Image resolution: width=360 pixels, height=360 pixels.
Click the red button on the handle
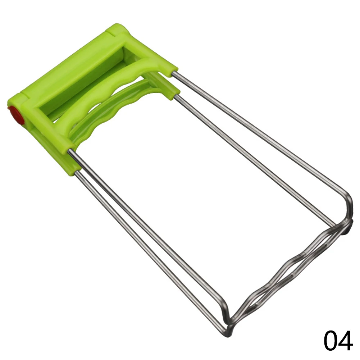[16, 115]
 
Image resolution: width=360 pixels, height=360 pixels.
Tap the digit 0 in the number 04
[331, 341]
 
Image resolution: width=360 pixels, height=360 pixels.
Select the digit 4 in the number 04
[346, 341]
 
